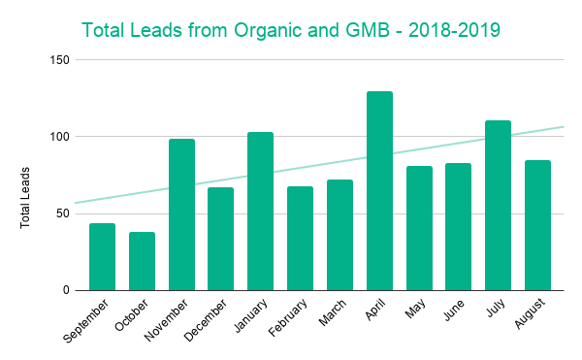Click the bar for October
click(x=142, y=261)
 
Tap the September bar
click(x=102, y=257)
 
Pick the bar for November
click(x=181, y=214)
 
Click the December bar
click(x=220, y=239)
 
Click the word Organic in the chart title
click(x=270, y=31)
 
